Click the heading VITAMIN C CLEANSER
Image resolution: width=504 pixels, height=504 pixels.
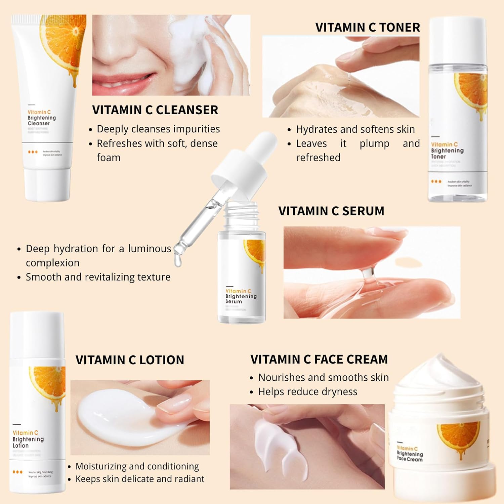(155, 110)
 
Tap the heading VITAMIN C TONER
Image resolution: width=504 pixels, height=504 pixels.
(368, 28)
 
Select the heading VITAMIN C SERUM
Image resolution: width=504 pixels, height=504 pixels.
(331, 211)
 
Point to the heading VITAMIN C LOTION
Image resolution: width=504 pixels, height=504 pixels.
(130, 360)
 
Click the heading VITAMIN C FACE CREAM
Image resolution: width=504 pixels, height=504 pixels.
(319, 360)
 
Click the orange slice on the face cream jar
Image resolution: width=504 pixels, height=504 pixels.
(459, 435)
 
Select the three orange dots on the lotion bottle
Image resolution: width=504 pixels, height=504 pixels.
(17, 472)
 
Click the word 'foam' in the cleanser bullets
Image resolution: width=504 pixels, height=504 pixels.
(108, 158)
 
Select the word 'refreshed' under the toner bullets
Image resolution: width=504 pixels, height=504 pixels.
(318, 158)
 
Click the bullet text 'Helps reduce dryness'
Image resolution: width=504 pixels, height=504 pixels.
(307, 392)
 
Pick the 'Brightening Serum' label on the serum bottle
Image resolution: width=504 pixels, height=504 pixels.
(241, 299)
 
